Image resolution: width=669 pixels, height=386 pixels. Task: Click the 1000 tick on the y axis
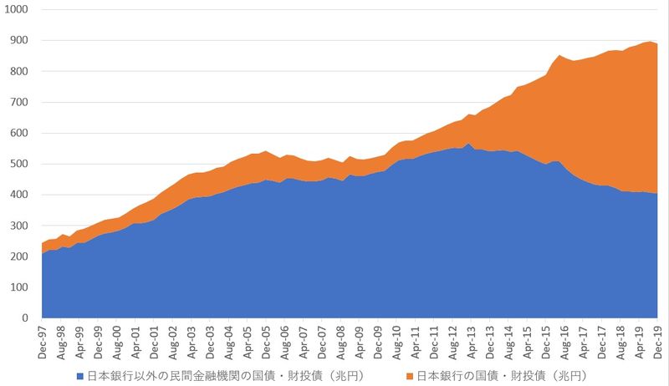(16, 9)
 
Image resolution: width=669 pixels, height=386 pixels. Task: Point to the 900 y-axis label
(18, 40)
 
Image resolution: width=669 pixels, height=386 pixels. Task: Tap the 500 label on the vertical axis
(18, 164)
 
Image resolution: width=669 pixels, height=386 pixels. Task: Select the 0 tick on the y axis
(24, 318)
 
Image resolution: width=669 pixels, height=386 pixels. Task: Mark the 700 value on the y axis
(18, 102)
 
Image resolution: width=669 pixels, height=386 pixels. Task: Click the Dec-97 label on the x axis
(43, 342)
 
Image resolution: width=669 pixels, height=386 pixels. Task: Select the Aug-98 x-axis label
(61, 342)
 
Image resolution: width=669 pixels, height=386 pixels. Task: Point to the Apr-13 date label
(472, 342)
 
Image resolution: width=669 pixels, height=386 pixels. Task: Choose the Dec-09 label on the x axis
(379, 342)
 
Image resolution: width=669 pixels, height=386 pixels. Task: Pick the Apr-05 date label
(248, 342)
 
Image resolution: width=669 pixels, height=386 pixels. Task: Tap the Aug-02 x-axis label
(173, 342)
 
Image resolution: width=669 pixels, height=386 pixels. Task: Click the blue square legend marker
(79, 376)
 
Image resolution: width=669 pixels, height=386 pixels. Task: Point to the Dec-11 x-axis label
(435, 342)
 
